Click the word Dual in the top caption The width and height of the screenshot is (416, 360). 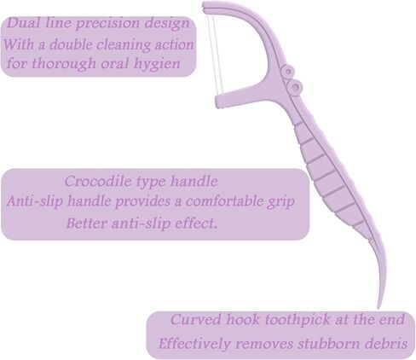[23, 23]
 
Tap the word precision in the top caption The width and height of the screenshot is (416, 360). [107, 24]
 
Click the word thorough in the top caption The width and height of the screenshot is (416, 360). [64, 63]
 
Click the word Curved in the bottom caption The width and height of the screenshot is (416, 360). [195, 319]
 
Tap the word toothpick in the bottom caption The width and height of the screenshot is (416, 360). [298, 320]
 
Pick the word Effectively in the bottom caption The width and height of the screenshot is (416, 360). [194, 344]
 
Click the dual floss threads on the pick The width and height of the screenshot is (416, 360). [216, 54]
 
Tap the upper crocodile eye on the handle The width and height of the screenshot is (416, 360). [288, 71]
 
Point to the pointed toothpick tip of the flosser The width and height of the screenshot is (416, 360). [378, 308]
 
